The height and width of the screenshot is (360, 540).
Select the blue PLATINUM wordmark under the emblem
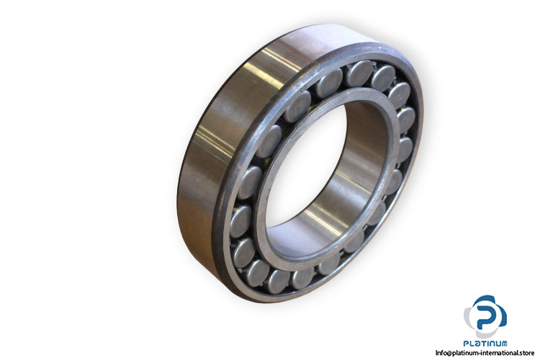485,343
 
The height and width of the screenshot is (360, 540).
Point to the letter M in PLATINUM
503,343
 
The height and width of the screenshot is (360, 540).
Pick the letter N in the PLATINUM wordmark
490,343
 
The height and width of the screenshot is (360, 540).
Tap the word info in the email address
441,352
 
